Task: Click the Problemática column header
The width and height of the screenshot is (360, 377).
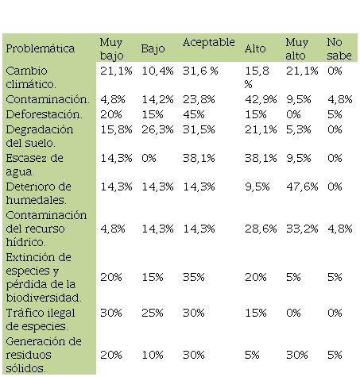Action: [41, 48]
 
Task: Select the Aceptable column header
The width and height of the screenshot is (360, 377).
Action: [209, 42]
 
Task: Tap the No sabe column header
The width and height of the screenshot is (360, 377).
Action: [339, 49]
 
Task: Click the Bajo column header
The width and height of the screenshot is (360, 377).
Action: [153, 49]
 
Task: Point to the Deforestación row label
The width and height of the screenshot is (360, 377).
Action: [44, 114]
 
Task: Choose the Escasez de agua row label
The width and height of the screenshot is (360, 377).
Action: [34, 165]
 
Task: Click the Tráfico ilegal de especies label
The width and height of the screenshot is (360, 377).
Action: [41, 320]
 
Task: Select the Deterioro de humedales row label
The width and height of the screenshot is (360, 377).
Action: [38, 194]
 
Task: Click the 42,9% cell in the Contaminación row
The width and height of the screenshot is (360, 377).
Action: [261, 100]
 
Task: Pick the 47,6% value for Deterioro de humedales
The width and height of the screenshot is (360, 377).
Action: [302, 187]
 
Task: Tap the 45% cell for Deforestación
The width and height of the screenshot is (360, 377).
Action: [194, 114]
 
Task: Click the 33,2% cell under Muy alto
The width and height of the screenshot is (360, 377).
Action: [302, 229]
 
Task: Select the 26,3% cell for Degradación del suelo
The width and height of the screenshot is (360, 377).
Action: [157, 129]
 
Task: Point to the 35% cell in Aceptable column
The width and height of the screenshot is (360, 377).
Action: [194, 277]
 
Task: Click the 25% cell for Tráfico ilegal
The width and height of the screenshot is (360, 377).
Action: [153, 313]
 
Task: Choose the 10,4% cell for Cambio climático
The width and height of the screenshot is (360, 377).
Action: [157, 71]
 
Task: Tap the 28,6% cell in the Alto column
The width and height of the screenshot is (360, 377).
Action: [261, 229]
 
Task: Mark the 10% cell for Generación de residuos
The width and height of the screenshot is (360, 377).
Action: [153, 355]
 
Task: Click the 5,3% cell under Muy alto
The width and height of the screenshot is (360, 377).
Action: [299, 129]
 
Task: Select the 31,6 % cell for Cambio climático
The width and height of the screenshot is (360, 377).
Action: [200, 71]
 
